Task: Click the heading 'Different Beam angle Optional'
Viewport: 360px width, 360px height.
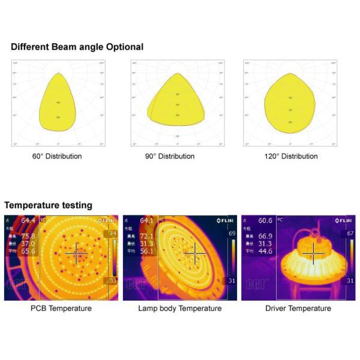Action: pyautogui.click(x=77, y=47)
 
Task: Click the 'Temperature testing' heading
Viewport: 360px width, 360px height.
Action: pyautogui.click(x=48, y=205)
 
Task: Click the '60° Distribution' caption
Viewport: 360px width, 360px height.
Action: pyautogui.click(x=58, y=156)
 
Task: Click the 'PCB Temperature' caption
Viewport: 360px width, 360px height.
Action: pyautogui.click(x=61, y=308)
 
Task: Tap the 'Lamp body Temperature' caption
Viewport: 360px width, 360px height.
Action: pyautogui.click(x=179, y=308)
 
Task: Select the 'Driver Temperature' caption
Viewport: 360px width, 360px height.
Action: pyautogui.click(x=298, y=308)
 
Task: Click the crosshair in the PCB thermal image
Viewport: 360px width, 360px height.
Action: pyautogui.click(x=76, y=254)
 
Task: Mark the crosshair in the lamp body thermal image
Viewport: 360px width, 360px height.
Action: pyautogui.click(x=194, y=254)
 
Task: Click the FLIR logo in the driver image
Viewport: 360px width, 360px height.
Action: pyautogui.click(x=343, y=221)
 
